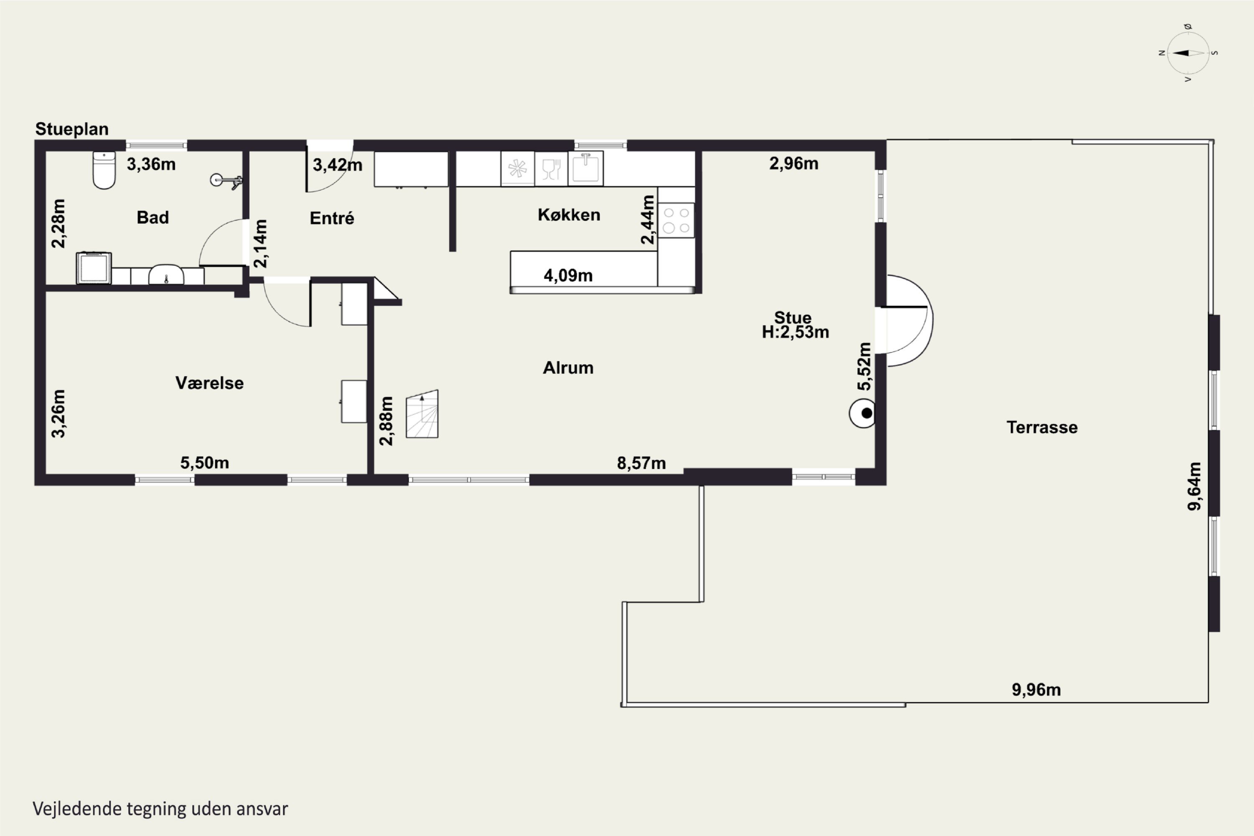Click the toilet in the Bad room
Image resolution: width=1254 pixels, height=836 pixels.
(x=104, y=170)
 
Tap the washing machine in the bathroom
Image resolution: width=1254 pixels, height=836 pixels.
(x=94, y=268)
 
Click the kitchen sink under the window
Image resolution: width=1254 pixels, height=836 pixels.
(x=586, y=168)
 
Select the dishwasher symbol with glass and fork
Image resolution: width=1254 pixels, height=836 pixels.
(x=551, y=169)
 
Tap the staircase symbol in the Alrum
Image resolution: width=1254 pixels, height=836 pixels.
(x=422, y=414)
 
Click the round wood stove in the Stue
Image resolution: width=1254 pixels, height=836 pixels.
(x=862, y=413)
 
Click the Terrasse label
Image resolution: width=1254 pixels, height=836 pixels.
(x=1042, y=427)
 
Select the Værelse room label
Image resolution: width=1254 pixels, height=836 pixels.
(x=209, y=383)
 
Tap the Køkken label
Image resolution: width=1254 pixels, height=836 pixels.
(x=569, y=215)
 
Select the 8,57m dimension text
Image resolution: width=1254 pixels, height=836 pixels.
(x=641, y=463)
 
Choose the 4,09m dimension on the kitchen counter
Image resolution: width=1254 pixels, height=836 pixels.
(x=568, y=275)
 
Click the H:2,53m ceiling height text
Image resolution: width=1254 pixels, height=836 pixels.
(x=795, y=332)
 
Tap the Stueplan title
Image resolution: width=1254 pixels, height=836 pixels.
(x=72, y=129)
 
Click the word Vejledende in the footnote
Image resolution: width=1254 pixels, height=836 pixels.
(x=77, y=809)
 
